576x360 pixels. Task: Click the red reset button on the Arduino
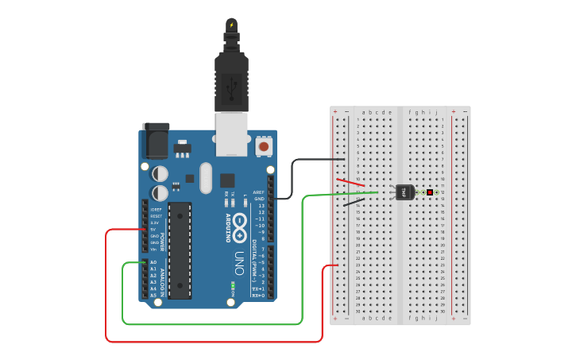[x=264, y=146]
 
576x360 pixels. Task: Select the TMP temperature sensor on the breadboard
[x=404, y=192]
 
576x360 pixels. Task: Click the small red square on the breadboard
[x=430, y=192]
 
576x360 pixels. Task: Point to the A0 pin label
[x=153, y=262]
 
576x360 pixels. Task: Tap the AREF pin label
[x=258, y=192]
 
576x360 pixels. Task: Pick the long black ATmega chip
[x=180, y=250]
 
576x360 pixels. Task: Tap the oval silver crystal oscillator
[x=206, y=177]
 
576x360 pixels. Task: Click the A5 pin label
[x=153, y=295]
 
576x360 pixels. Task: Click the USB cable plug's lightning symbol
[x=231, y=25]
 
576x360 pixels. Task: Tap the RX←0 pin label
[x=258, y=296]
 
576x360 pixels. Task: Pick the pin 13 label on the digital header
[x=261, y=205]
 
